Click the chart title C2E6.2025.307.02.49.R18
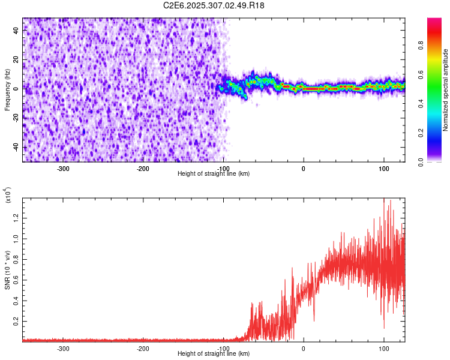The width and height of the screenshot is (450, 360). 214,5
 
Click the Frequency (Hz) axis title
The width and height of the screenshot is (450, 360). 7,90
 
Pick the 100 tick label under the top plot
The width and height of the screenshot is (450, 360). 383,168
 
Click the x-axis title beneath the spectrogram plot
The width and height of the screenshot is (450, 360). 214,173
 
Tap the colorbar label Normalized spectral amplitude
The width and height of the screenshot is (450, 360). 446,90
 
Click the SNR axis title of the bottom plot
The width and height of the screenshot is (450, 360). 7,270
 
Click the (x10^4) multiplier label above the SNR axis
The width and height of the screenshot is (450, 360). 8,196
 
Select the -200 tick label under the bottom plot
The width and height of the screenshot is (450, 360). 143,348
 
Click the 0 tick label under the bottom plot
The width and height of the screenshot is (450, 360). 304,348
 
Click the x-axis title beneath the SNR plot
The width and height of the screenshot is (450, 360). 214,353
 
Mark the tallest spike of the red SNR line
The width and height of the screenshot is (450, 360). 383,199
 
